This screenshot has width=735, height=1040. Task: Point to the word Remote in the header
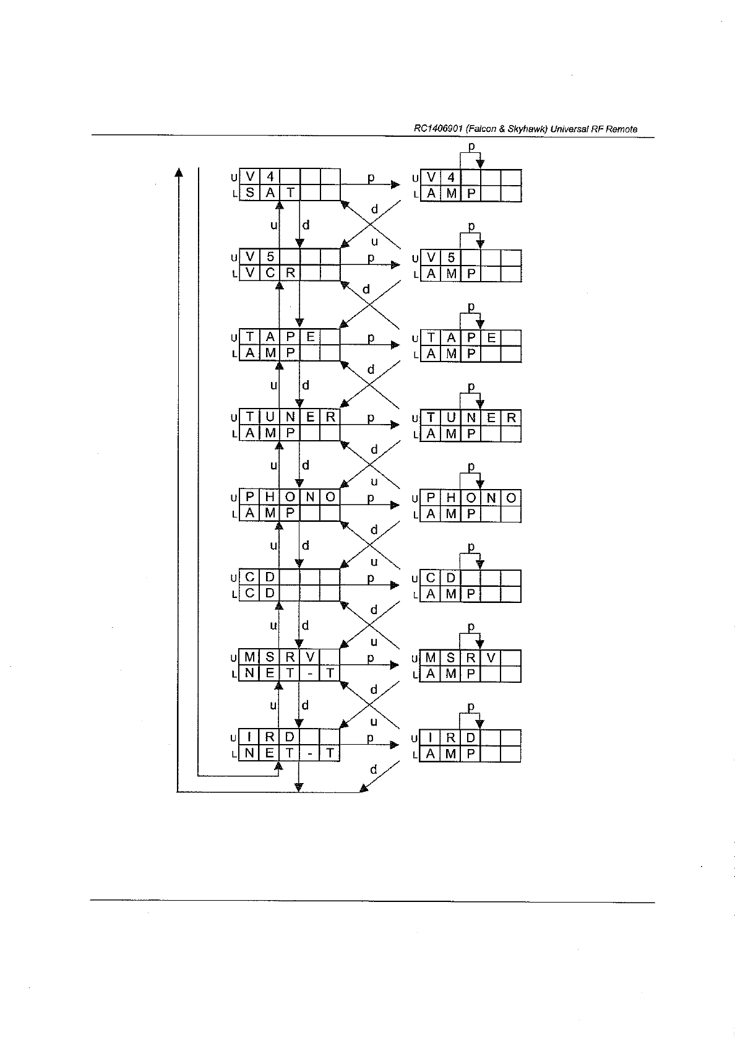coord(622,129)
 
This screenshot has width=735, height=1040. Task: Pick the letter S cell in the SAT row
coord(249,193)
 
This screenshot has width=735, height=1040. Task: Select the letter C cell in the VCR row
coord(270,273)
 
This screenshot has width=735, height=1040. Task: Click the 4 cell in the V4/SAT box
coord(270,177)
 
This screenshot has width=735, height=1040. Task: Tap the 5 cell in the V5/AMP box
coord(451,258)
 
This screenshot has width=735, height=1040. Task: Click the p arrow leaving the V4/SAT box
coord(371,184)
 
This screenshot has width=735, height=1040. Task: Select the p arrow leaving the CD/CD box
coord(371,584)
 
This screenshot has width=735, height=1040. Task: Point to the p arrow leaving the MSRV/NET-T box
coord(371,664)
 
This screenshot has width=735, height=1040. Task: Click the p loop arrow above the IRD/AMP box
coord(471,713)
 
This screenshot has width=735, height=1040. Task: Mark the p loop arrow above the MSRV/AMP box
coord(471,633)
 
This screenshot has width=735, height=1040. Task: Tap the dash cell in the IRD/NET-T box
coord(310,753)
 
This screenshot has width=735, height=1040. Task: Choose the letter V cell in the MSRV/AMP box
coord(491,658)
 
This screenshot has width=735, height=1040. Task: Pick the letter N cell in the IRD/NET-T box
coord(249,753)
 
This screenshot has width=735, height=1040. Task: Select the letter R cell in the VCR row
coord(290,273)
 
